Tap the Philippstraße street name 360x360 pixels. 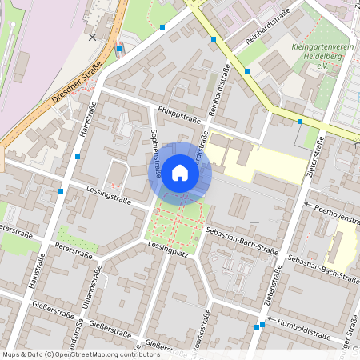(178, 115)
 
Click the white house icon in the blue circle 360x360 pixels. (180, 173)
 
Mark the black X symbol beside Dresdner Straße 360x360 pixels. (92, 37)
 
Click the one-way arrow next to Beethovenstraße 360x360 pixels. (308, 205)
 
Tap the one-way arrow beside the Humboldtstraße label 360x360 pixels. (270, 320)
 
